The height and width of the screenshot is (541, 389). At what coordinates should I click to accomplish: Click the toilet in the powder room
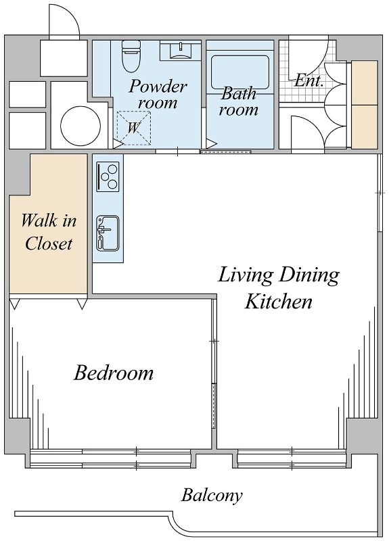tap(131, 56)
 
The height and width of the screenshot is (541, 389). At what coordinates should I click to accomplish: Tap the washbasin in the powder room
tap(181, 50)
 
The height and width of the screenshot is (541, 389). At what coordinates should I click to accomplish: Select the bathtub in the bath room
tap(240, 73)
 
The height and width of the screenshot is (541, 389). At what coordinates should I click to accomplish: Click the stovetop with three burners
tap(108, 177)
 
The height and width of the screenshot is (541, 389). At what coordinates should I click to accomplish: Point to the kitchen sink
tap(108, 233)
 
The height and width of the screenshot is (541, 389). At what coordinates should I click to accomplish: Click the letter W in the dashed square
tap(133, 128)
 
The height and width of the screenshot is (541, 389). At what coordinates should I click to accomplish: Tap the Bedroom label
tap(114, 373)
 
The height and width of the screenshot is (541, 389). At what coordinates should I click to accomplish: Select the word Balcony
tap(212, 496)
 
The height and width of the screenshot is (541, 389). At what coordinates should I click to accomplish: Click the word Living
tap(246, 276)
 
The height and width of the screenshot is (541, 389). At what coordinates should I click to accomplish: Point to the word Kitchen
tap(278, 301)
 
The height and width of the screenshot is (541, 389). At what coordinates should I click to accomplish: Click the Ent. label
tap(308, 80)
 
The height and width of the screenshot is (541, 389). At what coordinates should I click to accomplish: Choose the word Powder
tap(158, 86)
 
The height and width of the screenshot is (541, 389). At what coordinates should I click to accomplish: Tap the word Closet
tap(49, 243)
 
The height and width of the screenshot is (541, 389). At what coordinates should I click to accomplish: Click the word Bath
tap(239, 93)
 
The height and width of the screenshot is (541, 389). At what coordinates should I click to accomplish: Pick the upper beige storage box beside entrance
tap(364, 83)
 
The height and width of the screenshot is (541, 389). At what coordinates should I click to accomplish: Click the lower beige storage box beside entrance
tap(364, 127)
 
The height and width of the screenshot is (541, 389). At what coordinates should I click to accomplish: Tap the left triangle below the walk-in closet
tap(14, 304)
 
